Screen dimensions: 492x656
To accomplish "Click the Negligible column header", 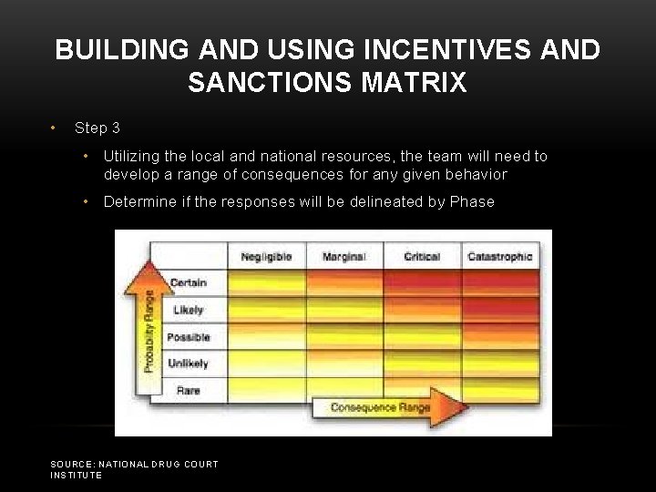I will (266, 257).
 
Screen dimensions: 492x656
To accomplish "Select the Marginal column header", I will (343, 257).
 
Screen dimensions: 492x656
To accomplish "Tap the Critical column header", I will (421, 257).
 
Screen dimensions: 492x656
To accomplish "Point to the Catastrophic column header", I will (499, 257).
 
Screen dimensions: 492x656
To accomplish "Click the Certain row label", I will (189, 283).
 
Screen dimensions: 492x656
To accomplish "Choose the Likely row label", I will (189, 310).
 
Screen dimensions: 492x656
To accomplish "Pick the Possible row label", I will (189, 337).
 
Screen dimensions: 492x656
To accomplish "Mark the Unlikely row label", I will (189, 364).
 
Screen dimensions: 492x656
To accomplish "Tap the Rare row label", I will (189, 391).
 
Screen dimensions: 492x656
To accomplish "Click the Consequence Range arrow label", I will (380, 407).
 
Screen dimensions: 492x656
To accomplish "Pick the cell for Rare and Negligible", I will (266, 391).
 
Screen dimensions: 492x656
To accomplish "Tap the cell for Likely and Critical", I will (422, 310).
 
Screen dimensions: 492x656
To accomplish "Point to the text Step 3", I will (97, 128).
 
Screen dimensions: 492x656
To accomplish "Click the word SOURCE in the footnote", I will (71, 465).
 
